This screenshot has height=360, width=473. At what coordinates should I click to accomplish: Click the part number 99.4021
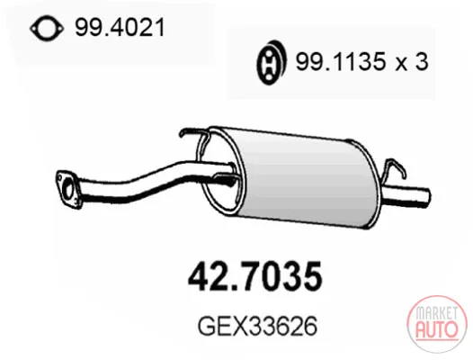pyautogui.click(x=120, y=28)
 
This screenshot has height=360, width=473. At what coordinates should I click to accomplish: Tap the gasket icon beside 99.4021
pyautogui.click(x=47, y=29)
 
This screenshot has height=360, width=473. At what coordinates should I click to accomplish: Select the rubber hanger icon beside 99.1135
pyautogui.click(x=271, y=62)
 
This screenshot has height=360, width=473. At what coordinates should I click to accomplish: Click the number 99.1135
pyautogui.click(x=341, y=61)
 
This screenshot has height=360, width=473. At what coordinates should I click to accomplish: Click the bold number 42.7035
pyautogui.click(x=255, y=276)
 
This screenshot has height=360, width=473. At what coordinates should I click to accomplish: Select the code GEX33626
pyautogui.click(x=257, y=326)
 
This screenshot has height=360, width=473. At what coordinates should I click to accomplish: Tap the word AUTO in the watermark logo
pyautogui.click(x=436, y=329)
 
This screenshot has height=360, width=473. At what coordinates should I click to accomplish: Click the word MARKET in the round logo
pyautogui.click(x=436, y=313)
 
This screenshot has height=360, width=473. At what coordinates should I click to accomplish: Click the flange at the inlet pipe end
pyautogui.click(x=67, y=189)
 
